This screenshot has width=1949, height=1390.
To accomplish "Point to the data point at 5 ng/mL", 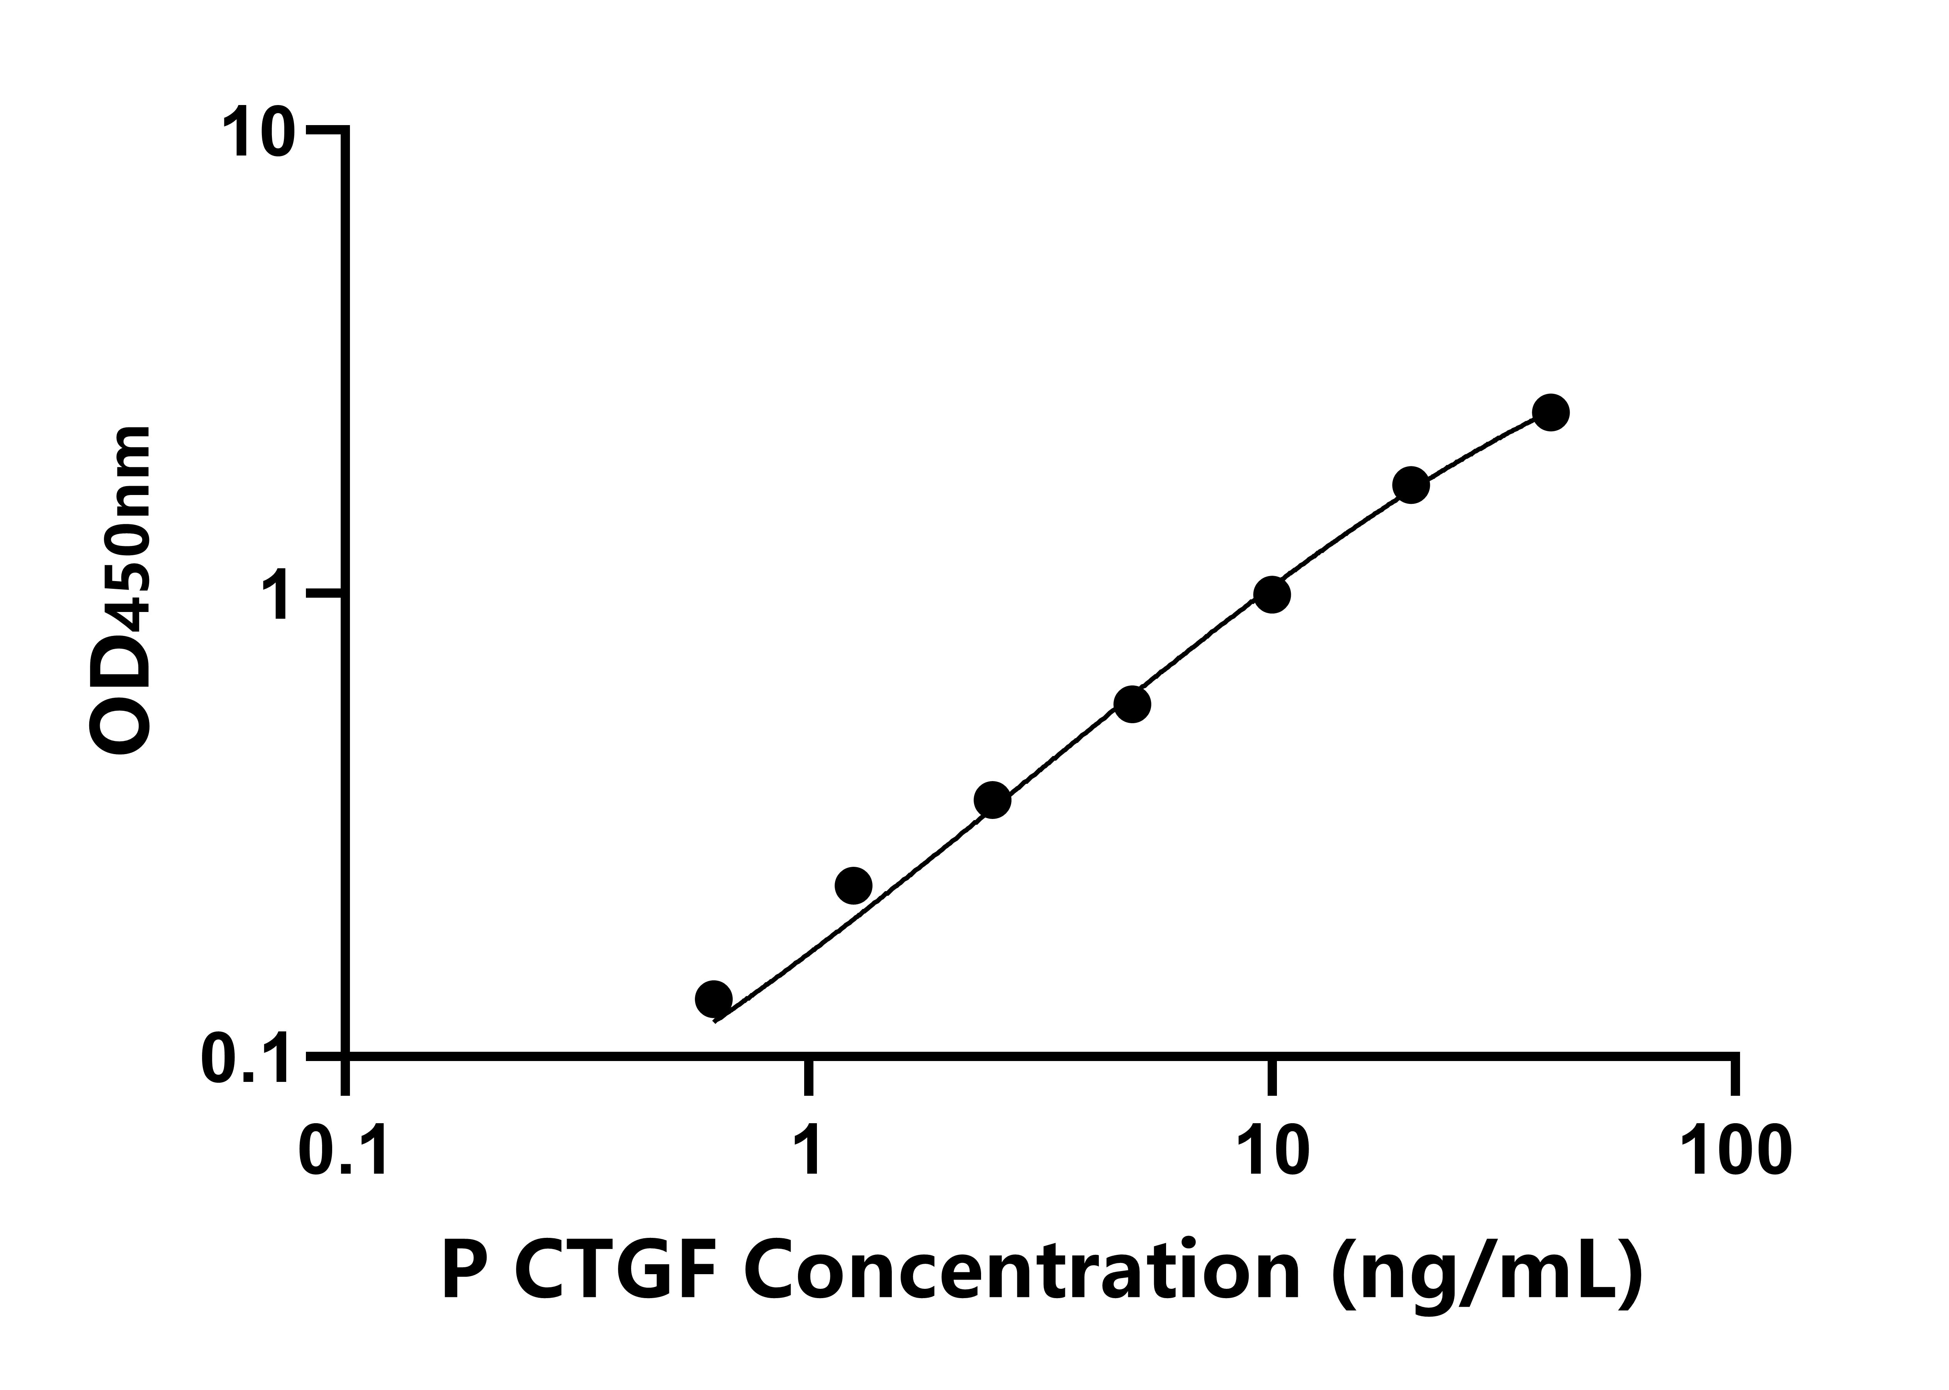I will (1132, 703).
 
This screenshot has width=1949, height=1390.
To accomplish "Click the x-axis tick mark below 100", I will (1735, 1077).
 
